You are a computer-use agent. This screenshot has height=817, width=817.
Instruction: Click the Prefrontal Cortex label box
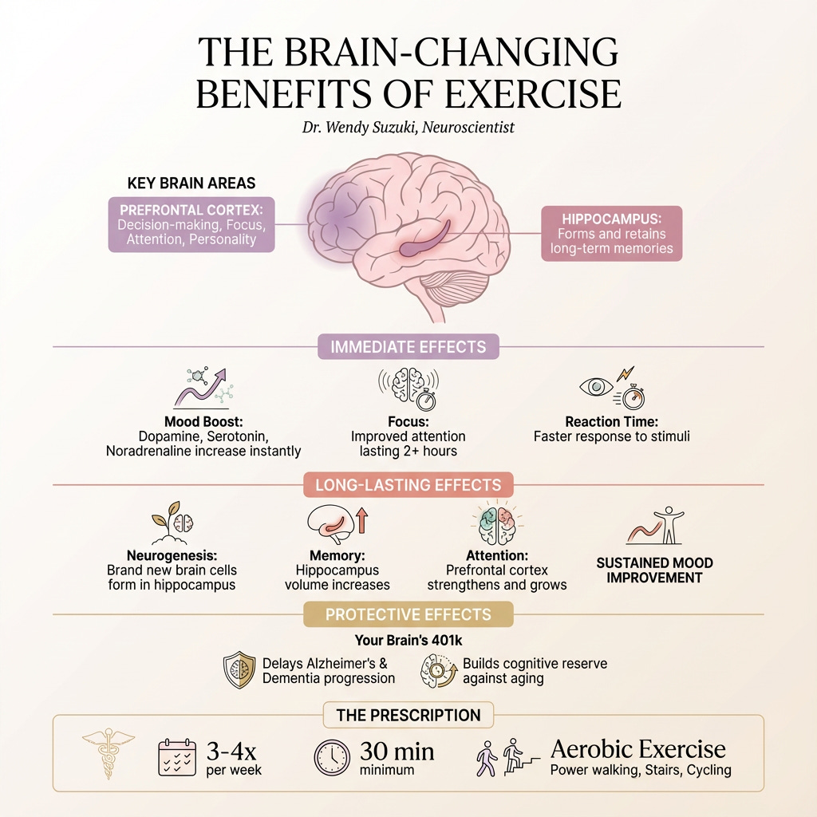click(191, 225)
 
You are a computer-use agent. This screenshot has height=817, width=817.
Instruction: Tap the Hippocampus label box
click(611, 233)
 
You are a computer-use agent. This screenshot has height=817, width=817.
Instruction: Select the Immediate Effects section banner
click(408, 347)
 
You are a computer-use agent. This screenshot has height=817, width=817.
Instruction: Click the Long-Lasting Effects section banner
click(408, 484)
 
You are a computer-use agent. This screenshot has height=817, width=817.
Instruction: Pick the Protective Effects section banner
click(408, 614)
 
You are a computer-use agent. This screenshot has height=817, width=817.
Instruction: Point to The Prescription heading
click(408, 715)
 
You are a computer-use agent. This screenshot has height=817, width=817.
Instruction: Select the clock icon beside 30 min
click(332, 757)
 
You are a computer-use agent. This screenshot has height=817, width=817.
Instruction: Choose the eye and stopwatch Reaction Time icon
click(612, 388)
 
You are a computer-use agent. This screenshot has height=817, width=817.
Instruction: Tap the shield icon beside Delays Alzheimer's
click(239, 670)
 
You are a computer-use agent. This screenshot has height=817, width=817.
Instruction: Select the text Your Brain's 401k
click(408, 640)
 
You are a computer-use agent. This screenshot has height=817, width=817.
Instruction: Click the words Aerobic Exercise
click(638, 748)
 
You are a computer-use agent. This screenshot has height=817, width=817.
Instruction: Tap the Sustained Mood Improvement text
click(654, 570)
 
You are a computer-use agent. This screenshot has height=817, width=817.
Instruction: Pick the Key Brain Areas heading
click(191, 183)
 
